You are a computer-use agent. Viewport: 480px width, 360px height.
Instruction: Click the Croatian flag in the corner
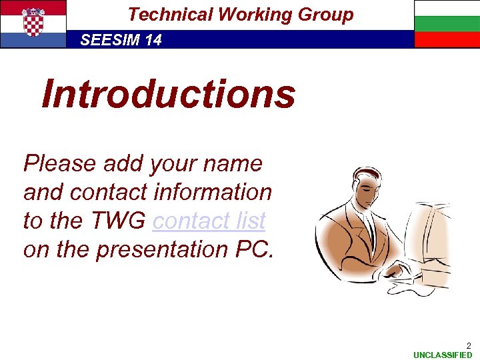coord(33,24)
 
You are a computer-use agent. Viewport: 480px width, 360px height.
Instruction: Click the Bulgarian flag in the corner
coord(447,24)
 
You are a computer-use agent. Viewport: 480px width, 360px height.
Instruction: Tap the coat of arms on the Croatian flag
coord(33,21)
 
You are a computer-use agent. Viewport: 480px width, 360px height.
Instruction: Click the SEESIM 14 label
coord(121,40)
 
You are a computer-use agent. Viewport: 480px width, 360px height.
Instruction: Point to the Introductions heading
coord(168,93)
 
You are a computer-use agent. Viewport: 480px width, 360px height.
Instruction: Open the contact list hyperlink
coord(209,220)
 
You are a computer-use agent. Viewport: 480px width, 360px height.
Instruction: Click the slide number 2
coord(468,345)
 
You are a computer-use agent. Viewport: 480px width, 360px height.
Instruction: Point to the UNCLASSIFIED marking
coord(442,355)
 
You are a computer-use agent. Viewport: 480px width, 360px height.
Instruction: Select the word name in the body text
coord(239,163)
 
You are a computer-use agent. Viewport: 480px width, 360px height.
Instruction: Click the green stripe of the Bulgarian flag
coord(447,24)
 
